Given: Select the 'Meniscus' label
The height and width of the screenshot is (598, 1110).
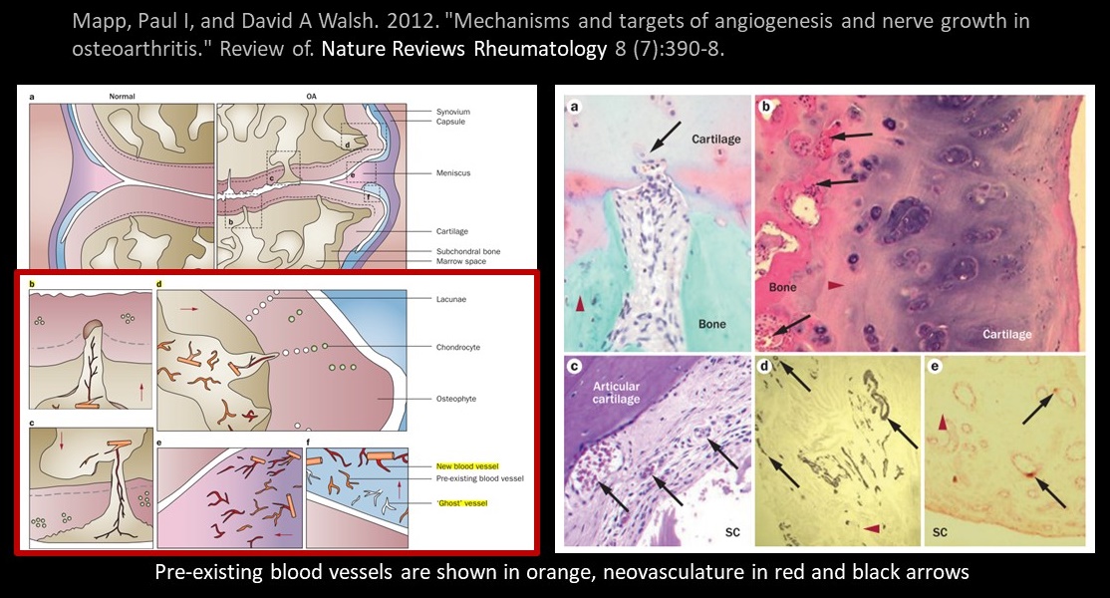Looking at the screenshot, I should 453,173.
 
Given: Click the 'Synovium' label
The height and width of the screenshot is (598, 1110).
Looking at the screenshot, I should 454,111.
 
